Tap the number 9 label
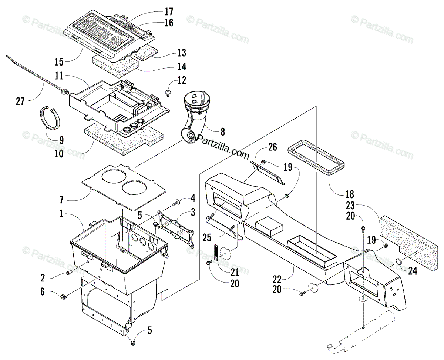tap(61, 140)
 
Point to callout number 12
tap(181, 80)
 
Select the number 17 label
tap(169, 11)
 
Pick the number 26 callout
tap(272, 147)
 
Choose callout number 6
tap(43, 292)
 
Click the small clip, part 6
tap(63, 296)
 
